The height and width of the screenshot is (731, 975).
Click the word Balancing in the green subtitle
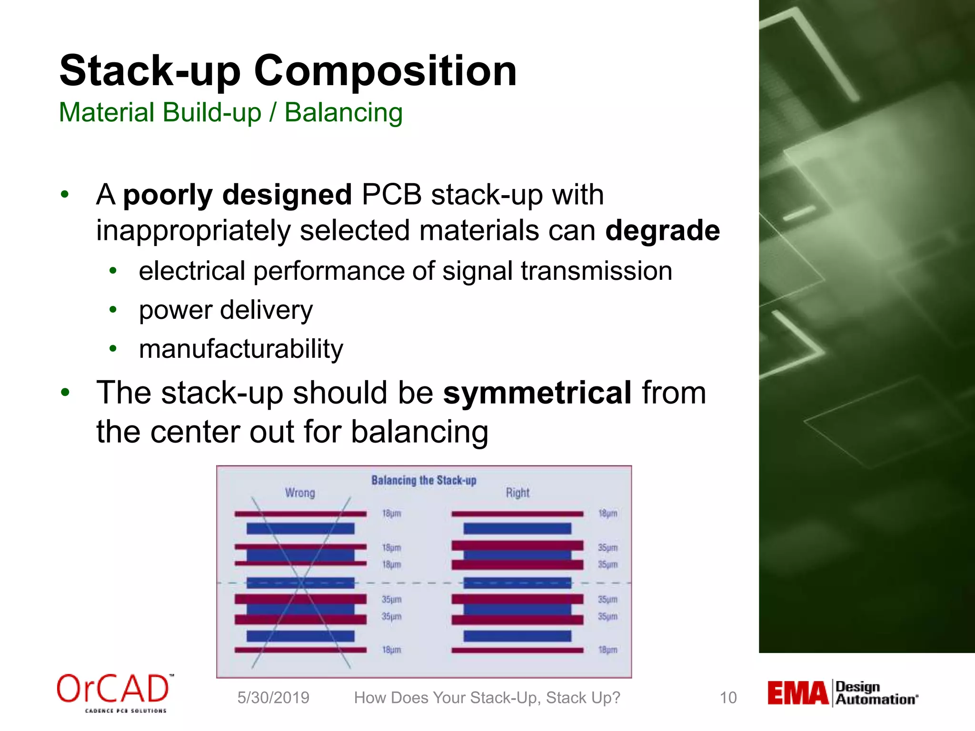[343, 113]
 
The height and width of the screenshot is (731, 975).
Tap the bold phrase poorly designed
[237, 195]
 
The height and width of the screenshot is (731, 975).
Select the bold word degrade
[662, 230]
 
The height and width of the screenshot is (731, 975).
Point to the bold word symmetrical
[537, 393]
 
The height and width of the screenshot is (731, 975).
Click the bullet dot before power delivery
[113, 310]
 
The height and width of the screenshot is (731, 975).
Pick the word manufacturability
[241, 349]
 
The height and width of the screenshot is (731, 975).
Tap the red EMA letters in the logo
[797, 693]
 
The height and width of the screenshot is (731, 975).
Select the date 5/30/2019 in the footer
[273, 698]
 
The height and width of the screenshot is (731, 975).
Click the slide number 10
[728, 698]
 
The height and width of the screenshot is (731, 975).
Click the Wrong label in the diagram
[300, 493]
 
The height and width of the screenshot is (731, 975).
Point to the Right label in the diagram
[517, 493]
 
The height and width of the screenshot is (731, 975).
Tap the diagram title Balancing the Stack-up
[424, 480]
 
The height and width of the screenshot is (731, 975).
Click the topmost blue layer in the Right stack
[517, 528]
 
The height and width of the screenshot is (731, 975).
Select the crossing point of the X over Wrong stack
[301, 582]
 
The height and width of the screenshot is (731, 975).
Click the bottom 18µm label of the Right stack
[607, 650]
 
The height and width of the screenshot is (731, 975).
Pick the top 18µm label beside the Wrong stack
[391, 514]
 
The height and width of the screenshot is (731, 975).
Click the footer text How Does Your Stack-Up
[487, 698]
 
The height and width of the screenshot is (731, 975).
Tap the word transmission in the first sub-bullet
[596, 271]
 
